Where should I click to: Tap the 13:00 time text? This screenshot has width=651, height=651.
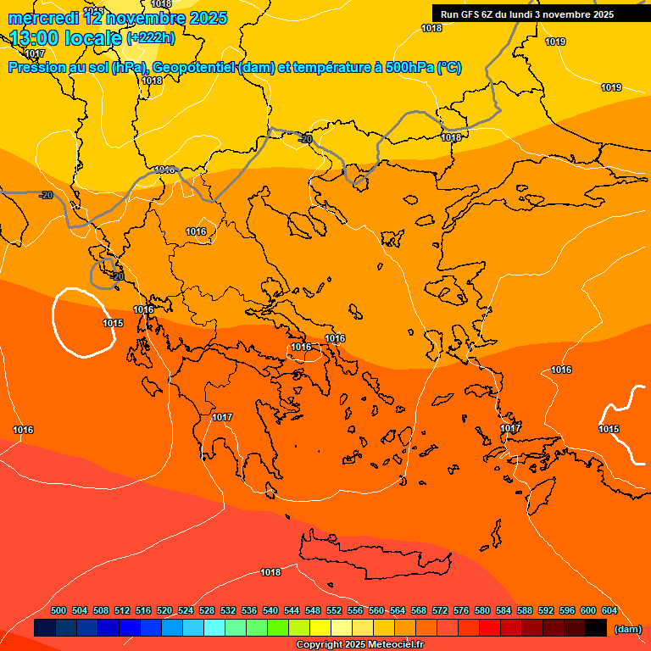(x=39, y=38)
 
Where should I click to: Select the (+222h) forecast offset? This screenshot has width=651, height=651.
(x=151, y=38)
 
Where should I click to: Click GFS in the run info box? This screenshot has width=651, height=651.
(x=471, y=14)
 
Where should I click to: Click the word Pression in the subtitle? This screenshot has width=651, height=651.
(x=36, y=68)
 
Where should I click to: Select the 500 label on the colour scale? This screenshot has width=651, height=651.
(x=58, y=610)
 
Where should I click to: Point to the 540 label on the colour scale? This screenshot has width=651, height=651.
(x=270, y=610)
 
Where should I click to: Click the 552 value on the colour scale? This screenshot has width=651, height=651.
(x=334, y=610)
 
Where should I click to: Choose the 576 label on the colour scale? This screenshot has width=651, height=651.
(x=461, y=610)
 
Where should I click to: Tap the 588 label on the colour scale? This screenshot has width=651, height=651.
(x=525, y=610)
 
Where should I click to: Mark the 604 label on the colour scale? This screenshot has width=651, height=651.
(x=609, y=610)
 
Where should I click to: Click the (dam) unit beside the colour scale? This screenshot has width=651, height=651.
(x=627, y=629)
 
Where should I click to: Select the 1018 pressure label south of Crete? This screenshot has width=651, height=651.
(x=270, y=573)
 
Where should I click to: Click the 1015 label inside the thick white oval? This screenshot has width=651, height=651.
(x=113, y=323)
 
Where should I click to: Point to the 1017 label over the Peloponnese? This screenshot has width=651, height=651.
(x=222, y=417)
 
